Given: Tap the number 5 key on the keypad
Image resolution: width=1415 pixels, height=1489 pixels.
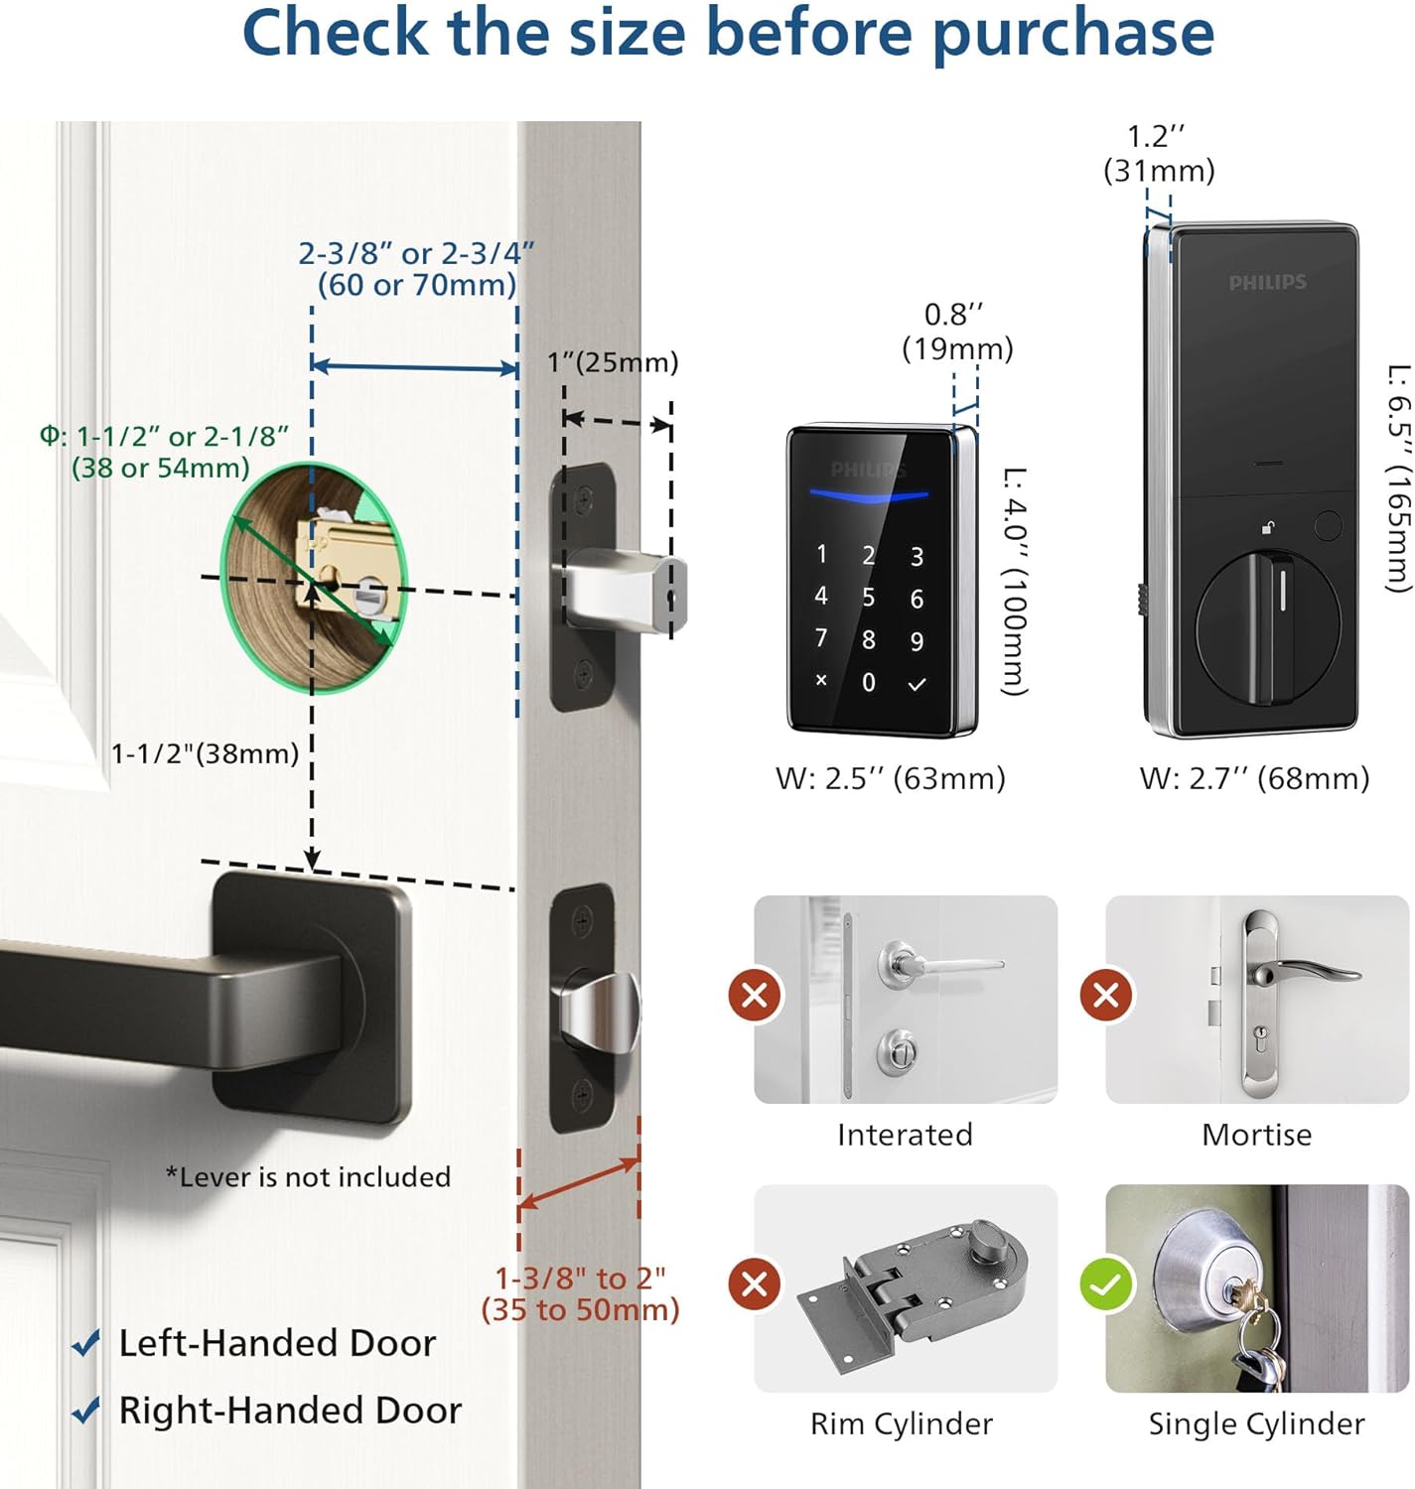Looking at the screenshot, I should tap(868, 597).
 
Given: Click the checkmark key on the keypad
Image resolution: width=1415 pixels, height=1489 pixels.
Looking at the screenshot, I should tap(917, 683).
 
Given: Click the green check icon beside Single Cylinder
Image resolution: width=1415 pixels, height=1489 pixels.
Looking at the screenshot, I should tap(1105, 1285).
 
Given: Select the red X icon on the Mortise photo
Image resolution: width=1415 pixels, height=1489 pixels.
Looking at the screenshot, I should tap(1106, 994).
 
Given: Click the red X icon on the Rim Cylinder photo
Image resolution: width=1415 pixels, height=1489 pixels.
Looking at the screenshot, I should tap(755, 1285).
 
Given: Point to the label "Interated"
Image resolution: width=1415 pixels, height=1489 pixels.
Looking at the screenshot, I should tap(905, 1135).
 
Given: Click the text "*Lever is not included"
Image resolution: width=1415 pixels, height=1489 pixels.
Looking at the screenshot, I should tap(308, 1177).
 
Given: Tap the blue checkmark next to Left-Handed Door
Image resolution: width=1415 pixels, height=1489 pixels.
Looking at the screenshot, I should tap(86, 1344).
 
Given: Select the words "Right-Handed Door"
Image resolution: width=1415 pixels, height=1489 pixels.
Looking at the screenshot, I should tap(290, 1411).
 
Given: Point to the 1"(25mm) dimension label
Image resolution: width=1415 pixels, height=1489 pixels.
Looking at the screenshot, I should tap(613, 362).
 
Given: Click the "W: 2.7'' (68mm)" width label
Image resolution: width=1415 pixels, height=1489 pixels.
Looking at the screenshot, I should tap(1254, 778).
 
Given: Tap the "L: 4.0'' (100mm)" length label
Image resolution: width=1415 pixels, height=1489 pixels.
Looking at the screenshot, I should tap(1013, 581).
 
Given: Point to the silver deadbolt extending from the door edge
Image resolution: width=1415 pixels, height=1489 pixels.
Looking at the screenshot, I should tap(626, 592).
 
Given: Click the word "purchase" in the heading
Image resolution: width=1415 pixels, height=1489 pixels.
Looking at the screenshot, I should tap(1072, 33).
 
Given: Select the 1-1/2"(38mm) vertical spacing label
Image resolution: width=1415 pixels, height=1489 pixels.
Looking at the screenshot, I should tap(205, 753).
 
